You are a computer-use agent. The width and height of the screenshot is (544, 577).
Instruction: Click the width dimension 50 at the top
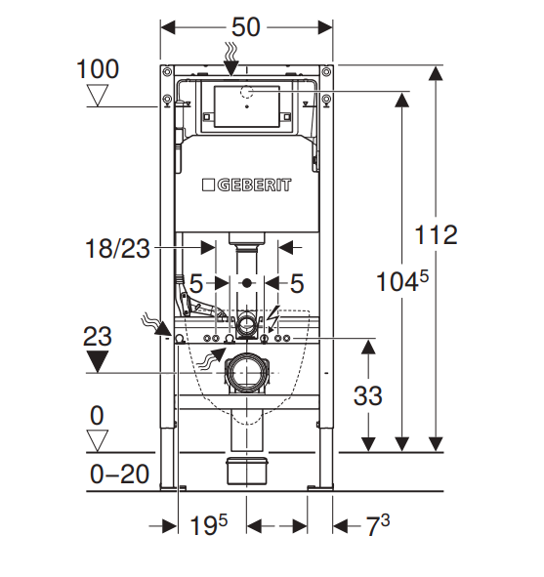point(246,27)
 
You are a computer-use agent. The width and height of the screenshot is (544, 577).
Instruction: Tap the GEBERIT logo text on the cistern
point(254,185)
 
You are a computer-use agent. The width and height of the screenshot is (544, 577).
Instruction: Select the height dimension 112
point(437,234)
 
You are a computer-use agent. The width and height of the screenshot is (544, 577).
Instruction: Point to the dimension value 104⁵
point(402,281)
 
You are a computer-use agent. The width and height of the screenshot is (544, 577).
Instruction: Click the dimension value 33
point(367,396)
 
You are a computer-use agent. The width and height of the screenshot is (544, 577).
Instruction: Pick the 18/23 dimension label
point(117,248)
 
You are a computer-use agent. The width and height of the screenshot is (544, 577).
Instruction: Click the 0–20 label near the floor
point(119,474)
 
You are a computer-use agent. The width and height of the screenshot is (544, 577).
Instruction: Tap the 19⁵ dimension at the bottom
point(208,524)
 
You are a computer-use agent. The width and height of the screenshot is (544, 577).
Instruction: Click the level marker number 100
point(98,68)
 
